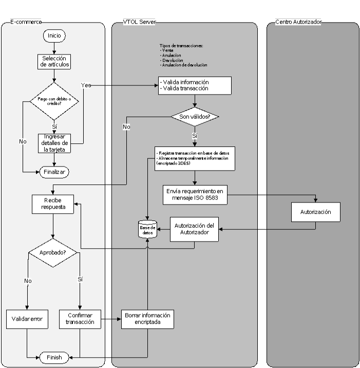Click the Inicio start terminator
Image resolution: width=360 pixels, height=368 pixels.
point(53,36)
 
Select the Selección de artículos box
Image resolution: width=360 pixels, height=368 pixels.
point(53,61)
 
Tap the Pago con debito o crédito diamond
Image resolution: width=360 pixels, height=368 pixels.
point(53,101)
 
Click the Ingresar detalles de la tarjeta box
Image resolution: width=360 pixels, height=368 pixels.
point(53,143)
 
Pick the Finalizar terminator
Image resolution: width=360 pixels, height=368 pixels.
point(53,172)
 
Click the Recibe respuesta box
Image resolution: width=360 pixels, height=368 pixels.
point(53,203)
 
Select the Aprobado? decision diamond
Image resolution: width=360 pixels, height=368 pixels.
point(53,252)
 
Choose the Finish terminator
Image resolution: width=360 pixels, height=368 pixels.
point(53,357)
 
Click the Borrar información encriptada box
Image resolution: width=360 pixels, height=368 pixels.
point(146,319)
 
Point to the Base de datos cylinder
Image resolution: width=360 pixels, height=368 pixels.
point(147,229)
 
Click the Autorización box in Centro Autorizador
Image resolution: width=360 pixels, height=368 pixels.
point(316,212)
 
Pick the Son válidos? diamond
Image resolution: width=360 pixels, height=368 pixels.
point(195,116)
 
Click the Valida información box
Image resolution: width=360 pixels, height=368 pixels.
point(195,85)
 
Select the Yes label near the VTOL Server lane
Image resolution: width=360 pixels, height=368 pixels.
point(86,85)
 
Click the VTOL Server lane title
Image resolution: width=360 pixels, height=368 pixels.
point(140,22)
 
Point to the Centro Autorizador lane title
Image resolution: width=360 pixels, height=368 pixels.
point(298,22)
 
